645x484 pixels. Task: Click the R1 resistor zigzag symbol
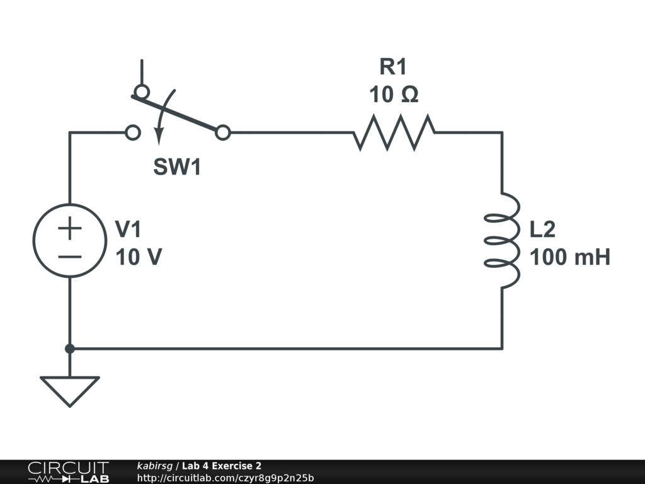[394, 132]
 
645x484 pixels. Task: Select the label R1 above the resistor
[393, 66]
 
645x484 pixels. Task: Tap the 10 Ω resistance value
[393, 95]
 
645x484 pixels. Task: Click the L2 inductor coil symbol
[503, 239]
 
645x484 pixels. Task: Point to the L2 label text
[542, 229]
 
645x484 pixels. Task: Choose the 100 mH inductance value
[569, 257]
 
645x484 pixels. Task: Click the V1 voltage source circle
[69, 239]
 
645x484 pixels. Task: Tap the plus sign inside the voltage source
[69, 228]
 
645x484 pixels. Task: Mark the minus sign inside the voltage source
[69, 256]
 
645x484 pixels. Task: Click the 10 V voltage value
[139, 257]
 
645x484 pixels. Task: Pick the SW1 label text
[177, 168]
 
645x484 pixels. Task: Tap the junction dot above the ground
[69, 349]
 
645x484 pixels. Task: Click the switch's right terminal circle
[222, 132]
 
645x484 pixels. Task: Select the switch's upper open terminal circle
[142, 92]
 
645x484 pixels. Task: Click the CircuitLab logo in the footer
[67, 472]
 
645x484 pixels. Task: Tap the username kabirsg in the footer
[156, 466]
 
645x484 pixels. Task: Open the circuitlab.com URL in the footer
[225, 478]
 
